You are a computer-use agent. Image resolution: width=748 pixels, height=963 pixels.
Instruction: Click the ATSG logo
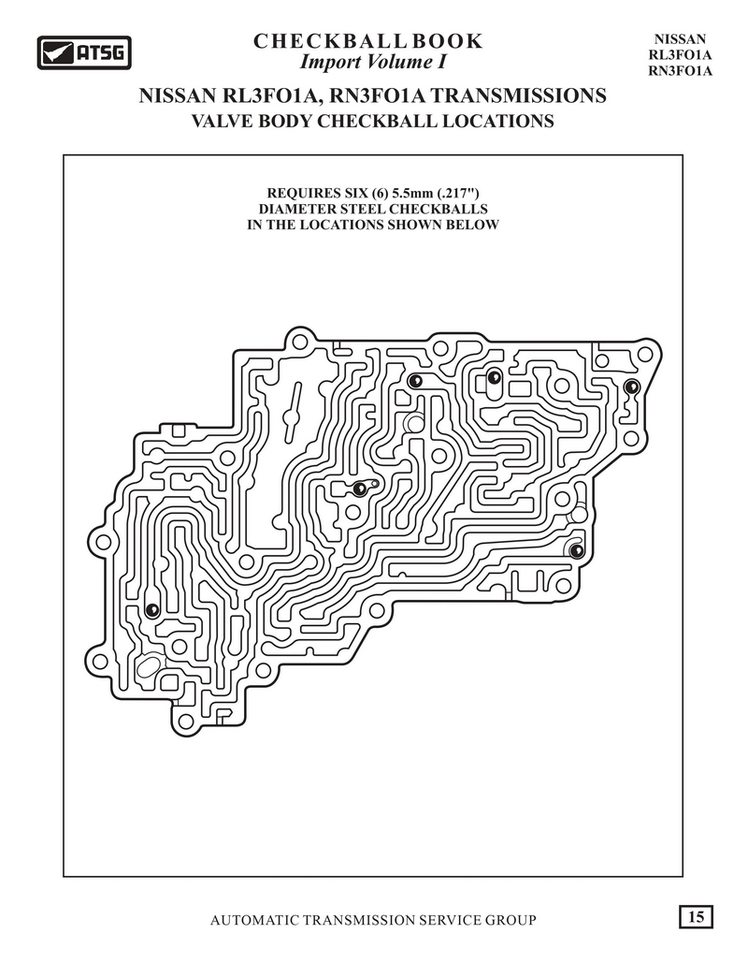(x=84, y=52)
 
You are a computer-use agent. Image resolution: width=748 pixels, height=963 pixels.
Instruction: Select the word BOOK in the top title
(x=447, y=41)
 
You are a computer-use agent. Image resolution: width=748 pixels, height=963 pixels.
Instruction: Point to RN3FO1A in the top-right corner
(x=680, y=70)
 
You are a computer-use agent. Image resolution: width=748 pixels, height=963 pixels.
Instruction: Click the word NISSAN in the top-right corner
(x=680, y=39)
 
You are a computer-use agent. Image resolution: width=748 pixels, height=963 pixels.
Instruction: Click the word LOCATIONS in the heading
(x=498, y=121)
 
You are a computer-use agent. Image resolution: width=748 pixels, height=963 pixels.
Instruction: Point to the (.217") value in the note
(x=458, y=194)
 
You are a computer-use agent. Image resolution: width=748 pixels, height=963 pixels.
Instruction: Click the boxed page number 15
(x=696, y=917)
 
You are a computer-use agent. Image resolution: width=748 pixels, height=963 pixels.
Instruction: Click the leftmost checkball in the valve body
(x=152, y=610)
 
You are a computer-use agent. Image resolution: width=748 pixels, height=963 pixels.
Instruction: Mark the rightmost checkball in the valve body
(x=631, y=387)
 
